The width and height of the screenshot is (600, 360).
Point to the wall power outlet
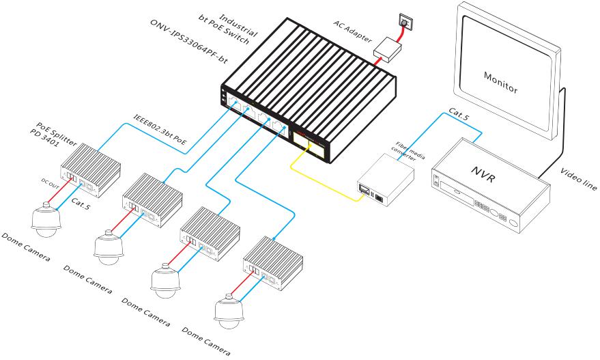click(406, 21)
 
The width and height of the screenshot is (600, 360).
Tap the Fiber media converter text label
click(411, 152)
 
